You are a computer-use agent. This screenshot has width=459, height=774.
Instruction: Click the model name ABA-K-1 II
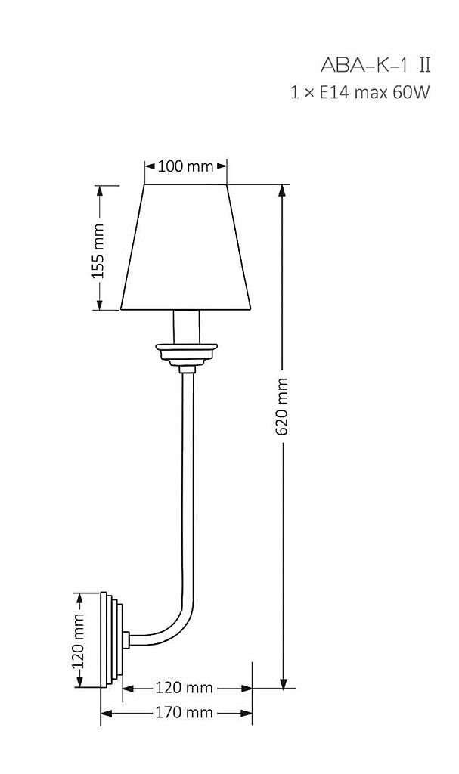[375, 65]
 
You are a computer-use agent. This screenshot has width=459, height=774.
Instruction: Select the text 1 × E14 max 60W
[360, 92]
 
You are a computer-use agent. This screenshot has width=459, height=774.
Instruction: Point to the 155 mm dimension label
[99, 251]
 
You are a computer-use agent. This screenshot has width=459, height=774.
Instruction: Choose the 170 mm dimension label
[185, 712]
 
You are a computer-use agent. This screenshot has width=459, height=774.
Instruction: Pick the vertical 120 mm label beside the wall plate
[79, 640]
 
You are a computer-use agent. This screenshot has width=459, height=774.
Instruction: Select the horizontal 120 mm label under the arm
[185, 687]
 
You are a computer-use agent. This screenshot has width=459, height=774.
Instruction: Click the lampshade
[186, 247]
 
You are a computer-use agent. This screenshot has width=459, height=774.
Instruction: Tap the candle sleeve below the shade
[187, 327]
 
